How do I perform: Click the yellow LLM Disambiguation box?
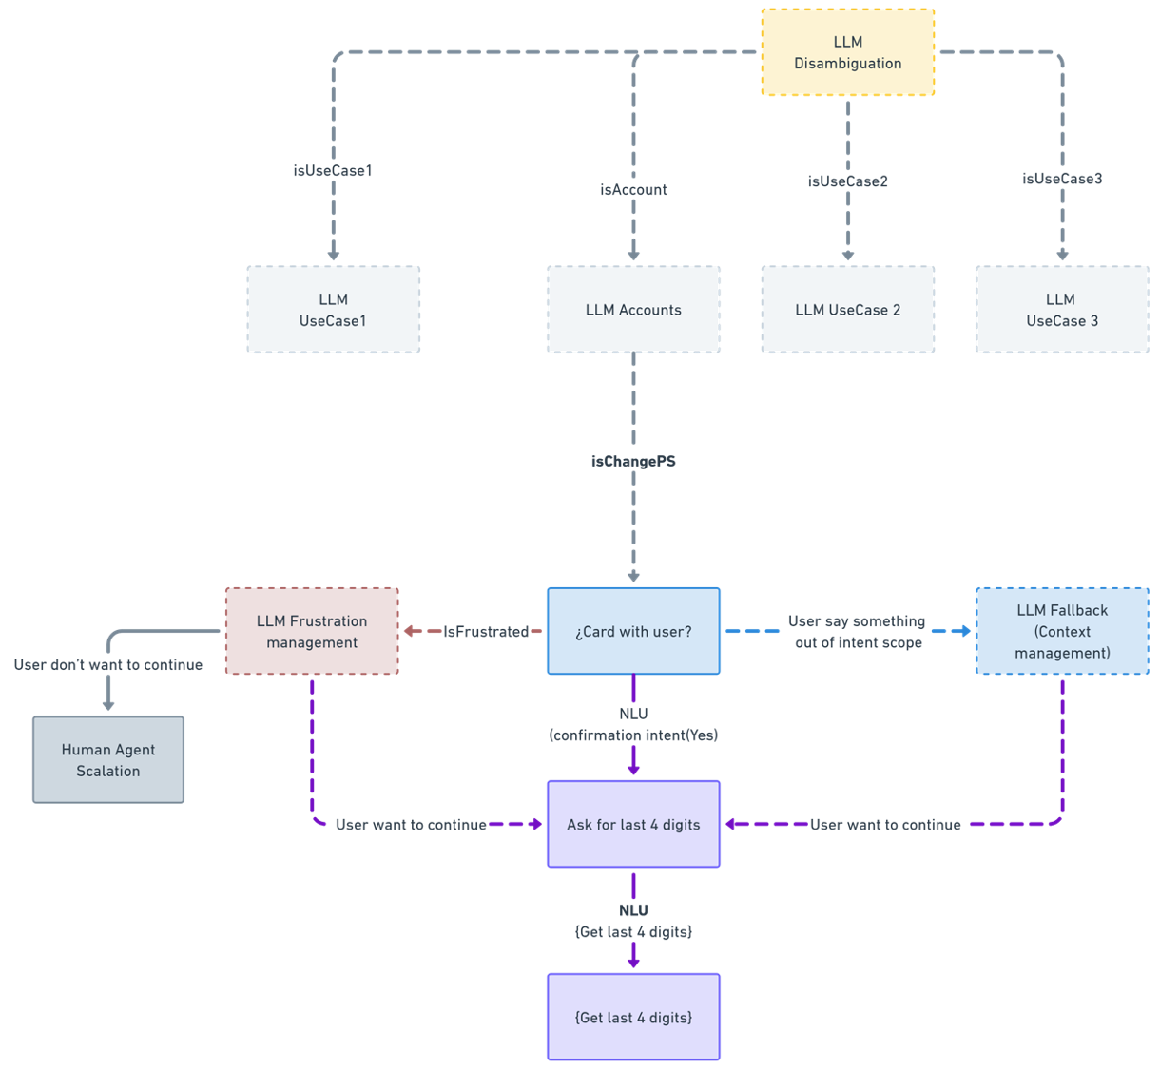coord(847,52)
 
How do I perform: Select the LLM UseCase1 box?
coord(333,310)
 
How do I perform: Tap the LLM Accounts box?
coord(633,310)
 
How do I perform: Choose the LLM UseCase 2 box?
coord(847,310)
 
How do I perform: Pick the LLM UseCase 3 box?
coord(1061,310)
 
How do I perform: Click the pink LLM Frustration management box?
coord(312,631)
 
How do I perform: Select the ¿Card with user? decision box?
coord(633,631)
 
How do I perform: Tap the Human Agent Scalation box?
coord(108,759)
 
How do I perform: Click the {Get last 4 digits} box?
coord(633,1017)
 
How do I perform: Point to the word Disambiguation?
coord(847,64)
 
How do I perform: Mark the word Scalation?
coord(108,771)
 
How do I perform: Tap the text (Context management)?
coord(1062,642)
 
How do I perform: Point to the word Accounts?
coord(650,310)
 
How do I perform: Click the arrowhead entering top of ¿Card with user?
coord(634,575)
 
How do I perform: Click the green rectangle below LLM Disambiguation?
coord(970,147)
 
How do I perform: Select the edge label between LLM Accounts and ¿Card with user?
coord(632,466)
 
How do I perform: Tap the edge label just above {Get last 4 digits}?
coord(632,923)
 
